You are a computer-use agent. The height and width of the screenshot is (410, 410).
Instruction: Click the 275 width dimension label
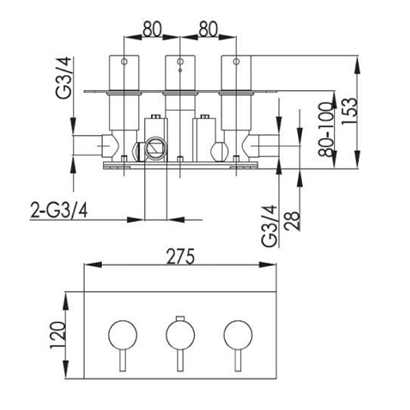[180, 256]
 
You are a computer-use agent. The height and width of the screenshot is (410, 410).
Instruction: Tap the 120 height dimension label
[57, 335]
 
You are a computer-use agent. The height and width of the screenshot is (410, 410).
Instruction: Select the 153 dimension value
[349, 111]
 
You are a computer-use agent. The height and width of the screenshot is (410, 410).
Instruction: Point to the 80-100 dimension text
[326, 130]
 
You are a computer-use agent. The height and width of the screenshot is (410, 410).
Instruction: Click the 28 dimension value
[292, 221]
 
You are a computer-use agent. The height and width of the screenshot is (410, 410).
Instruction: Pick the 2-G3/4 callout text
[59, 210]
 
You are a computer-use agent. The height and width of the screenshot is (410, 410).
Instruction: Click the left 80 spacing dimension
[152, 29]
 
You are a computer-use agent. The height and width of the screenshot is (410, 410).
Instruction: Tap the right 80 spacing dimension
[208, 29]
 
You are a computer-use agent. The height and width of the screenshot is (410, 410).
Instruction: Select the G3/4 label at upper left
[64, 78]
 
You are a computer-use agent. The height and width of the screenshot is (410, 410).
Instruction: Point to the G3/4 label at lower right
[269, 226]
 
